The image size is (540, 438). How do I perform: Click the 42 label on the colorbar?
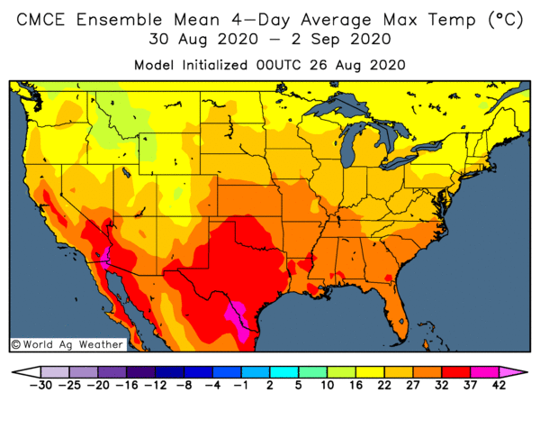point(499,386)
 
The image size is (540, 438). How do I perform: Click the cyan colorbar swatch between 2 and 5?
point(283,370)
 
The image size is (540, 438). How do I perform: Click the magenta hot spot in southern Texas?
point(241,321)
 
